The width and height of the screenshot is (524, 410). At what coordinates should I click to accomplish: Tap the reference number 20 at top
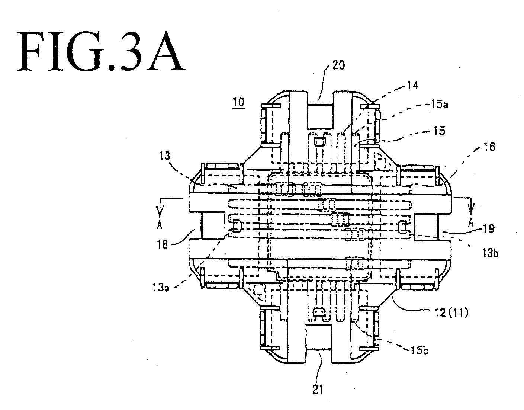click(338, 65)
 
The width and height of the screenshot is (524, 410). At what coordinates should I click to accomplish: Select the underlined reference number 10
click(238, 102)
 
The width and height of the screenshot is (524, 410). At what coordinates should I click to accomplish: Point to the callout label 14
click(412, 85)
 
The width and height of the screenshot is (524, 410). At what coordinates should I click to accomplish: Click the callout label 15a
click(440, 105)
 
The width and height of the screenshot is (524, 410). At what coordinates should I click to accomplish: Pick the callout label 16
click(489, 147)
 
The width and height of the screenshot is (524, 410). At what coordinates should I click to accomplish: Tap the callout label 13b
click(490, 253)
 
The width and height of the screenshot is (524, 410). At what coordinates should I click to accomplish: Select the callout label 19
click(489, 229)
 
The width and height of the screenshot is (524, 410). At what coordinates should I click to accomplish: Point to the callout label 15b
click(419, 350)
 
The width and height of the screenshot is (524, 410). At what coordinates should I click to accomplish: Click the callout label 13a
click(161, 287)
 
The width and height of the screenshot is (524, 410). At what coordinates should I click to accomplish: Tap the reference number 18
click(162, 244)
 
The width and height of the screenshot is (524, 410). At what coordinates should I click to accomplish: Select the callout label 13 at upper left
click(165, 156)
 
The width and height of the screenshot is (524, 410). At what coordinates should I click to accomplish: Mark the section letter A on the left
click(159, 225)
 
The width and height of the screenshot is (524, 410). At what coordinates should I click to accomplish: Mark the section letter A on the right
click(471, 223)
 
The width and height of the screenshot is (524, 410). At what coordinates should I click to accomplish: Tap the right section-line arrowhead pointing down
click(471, 210)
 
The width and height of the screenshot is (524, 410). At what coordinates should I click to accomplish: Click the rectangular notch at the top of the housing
click(320, 116)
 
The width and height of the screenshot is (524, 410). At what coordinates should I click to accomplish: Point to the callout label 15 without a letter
click(439, 131)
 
